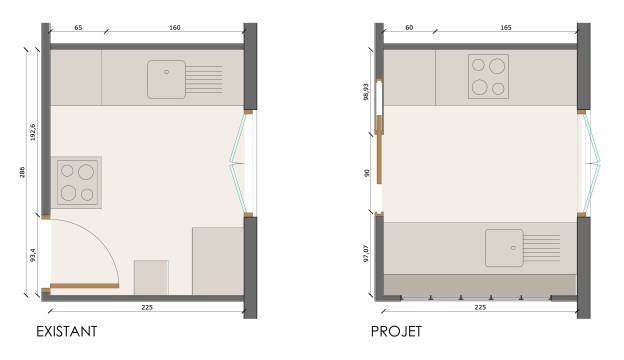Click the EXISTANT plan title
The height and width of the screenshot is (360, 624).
coord(66,331)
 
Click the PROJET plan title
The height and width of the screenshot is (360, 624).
coord(396,331)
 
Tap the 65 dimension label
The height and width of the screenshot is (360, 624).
coord(78,27)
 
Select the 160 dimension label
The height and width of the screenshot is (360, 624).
coord(175,27)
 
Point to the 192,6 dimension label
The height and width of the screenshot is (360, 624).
coord(33,132)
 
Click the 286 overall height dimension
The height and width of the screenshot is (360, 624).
coord(22,172)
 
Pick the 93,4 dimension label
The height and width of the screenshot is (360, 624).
coord(33,255)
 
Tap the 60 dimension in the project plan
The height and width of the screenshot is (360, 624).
coord(409,27)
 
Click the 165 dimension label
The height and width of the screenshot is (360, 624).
coord(505,27)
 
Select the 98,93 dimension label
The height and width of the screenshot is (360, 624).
coord(366,91)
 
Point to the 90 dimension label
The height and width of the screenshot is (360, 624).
coord(367,173)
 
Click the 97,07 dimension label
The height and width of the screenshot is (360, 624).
coord(366,253)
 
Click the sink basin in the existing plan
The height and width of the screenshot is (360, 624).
coord(166,79)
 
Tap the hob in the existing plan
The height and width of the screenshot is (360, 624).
coord(77,183)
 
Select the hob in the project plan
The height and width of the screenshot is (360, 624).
coord(488,76)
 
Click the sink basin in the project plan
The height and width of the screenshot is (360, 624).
coord(504,248)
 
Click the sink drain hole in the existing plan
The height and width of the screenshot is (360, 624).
coord(166,72)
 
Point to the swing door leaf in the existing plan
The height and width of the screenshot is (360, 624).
coord(84,286)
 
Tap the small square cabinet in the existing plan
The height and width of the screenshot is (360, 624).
coord(151,278)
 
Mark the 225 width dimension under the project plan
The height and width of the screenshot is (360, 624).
coord(480,307)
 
